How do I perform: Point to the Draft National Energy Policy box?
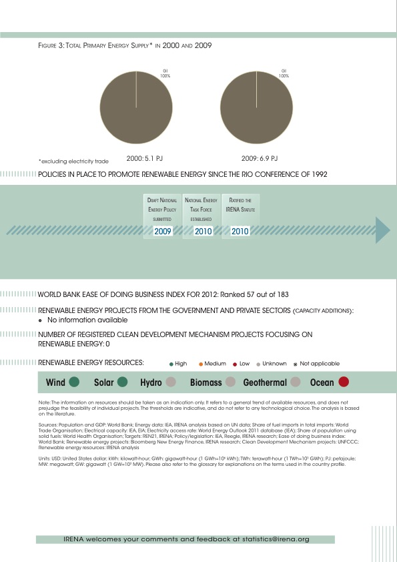[x=163, y=216]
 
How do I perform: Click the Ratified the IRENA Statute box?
[x=240, y=216]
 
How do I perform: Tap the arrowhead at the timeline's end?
[x=382, y=231]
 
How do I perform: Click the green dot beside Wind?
[x=74, y=382]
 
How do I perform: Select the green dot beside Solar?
[x=122, y=382]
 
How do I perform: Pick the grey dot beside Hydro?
[x=170, y=382]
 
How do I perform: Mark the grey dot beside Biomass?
[x=231, y=382]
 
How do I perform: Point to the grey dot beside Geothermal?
[x=292, y=382]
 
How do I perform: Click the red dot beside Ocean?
[x=344, y=382]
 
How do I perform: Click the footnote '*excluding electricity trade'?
[x=73, y=161]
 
